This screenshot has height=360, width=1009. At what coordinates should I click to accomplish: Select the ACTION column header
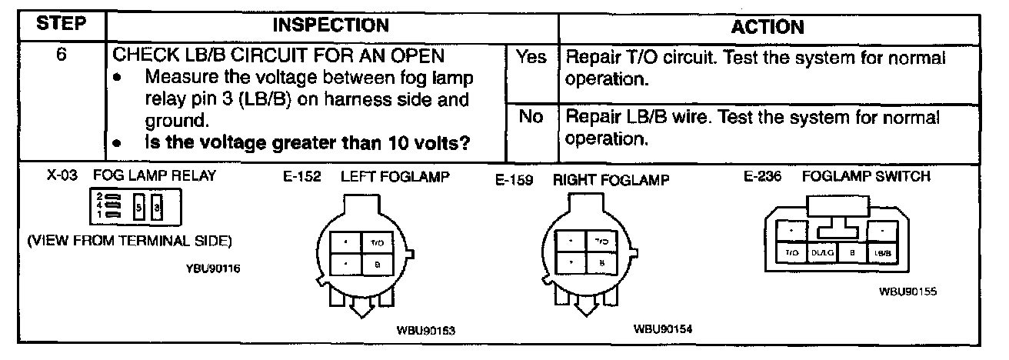coord(767,27)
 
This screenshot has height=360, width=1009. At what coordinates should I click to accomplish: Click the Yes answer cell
coord(531,58)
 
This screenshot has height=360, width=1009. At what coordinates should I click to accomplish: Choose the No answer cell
coord(531,117)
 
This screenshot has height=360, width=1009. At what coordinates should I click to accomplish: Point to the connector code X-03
coord(62,175)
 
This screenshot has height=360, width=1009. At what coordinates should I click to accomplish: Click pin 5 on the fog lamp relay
coord(138,208)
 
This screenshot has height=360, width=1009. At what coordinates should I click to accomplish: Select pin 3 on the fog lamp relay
coord(156,208)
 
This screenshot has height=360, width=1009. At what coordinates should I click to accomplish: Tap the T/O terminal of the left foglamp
coord(377,242)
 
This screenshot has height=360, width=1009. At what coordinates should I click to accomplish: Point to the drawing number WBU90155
coord(908,292)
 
